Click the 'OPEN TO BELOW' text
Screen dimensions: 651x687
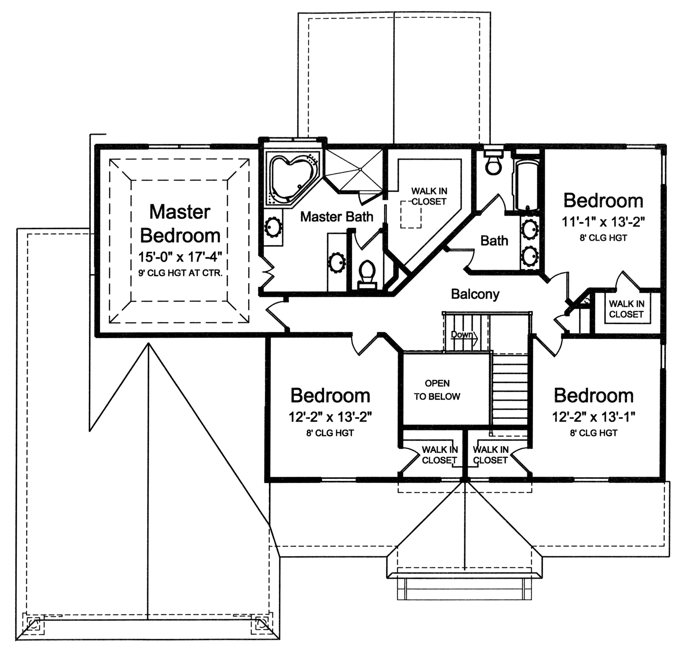pyautogui.click(x=437, y=390)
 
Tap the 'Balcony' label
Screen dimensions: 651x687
pyautogui.click(x=475, y=294)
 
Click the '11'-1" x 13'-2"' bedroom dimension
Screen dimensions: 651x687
pyautogui.click(x=603, y=222)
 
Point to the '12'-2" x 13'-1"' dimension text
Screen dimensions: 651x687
pyautogui.click(x=593, y=417)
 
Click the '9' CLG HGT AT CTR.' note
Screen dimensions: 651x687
pyautogui.click(x=180, y=273)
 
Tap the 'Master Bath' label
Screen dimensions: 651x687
pyautogui.click(x=336, y=217)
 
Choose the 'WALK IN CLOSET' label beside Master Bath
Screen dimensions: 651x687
pyautogui.click(x=429, y=196)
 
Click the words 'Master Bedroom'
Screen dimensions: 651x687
pyautogui.click(x=180, y=224)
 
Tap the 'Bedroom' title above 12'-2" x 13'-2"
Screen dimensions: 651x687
pyautogui.click(x=330, y=395)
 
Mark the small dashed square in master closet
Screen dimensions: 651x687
pyautogui.click(x=411, y=215)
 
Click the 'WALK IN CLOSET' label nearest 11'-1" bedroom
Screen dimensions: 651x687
pyautogui.click(x=626, y=309)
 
